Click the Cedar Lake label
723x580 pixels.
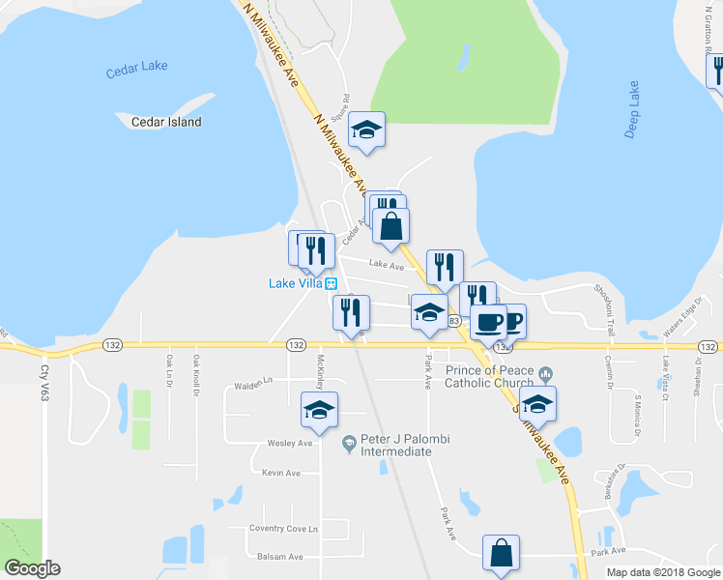pyautogui.click(x=137, y=66)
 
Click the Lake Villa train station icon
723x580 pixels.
pyautogui.click(x=332, y=283)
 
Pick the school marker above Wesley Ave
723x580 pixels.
pyautogui.click(x=319, y=410)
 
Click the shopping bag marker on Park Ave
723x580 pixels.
pyautogui.click(x=501, y=554)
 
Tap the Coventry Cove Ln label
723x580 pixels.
pyautogui.click(x=282, y=528)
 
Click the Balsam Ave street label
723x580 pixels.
pyautogui.click(x=280, y=556)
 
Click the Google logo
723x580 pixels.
pyautogui.click(x=32, y=568)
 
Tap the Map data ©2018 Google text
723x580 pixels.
pyautogui.click(x=663, y=572)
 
